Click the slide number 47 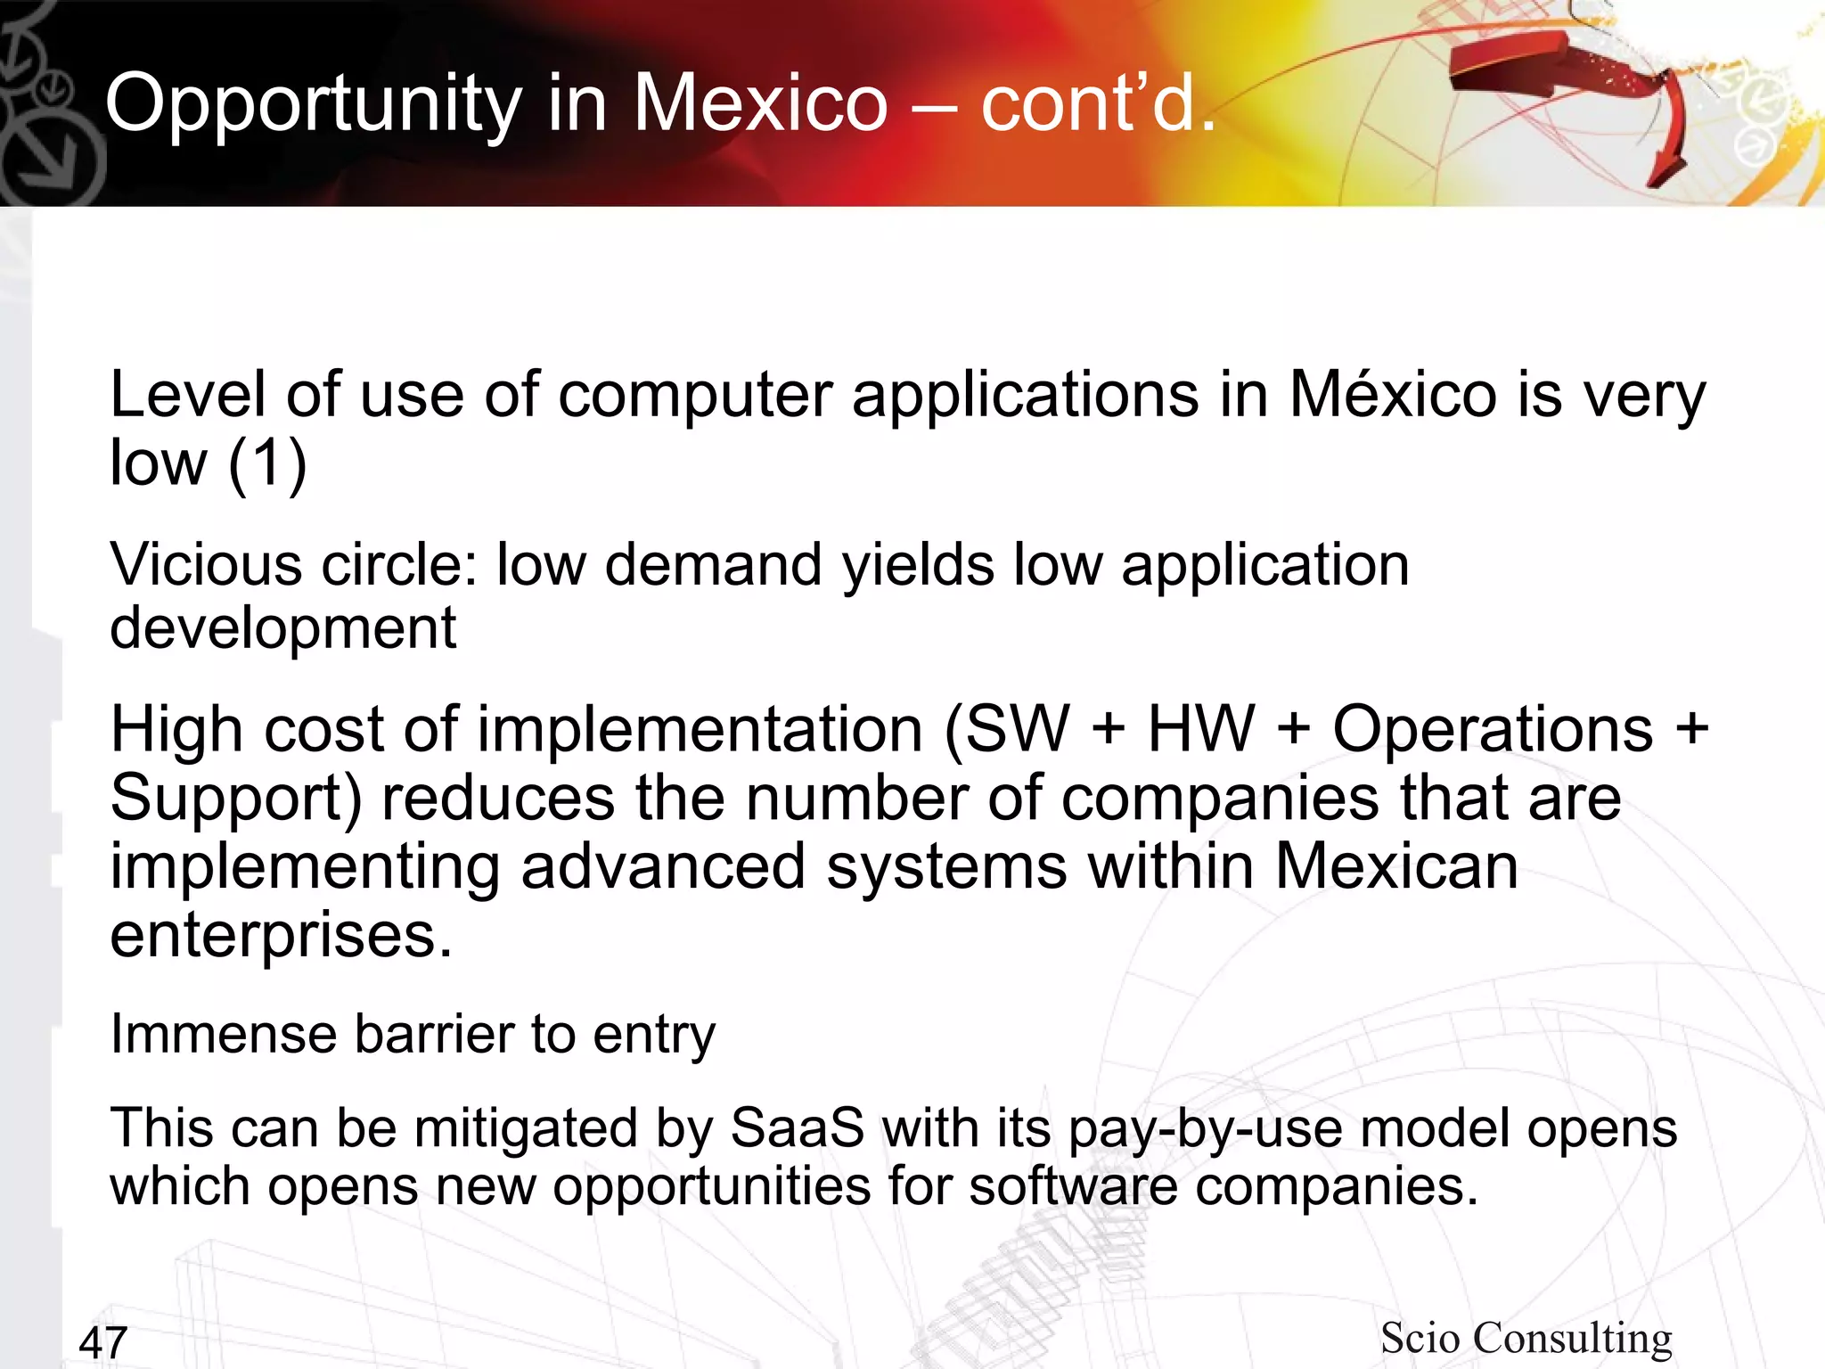pyautogui.click(x=103, y=1342)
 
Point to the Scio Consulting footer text pyautogui.click(x=1526, y=1338)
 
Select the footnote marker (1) pyautogui.click(x=267, y=463)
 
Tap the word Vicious pyautogui.click(x=206, y=565)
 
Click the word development pyautogui.click(x=282, y=627)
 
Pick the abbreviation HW pyautogui.click(x=1200, y=729)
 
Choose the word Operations pyautogui.click(x=1493, y=729)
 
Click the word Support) pyautogui.click(x=236, y=799)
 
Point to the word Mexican pyautogui.click(x=1396, y=866)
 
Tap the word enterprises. pyautogui.click(x=281, y=936)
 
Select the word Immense pyautogui.click(x=224, y=1035)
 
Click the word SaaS pyautogui.click(x=797, y=1128)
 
